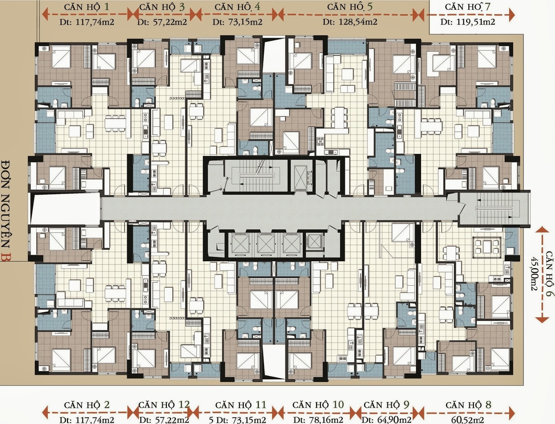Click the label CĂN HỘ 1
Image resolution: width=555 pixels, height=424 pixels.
[x=87, y=7]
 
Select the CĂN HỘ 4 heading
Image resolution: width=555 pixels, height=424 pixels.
[x=237, y=7]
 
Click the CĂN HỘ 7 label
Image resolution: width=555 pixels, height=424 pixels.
[x=468, y=7]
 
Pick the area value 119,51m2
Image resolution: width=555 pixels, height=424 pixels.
[x=475, y=22]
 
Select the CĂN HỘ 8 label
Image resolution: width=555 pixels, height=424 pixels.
[x=468, y=405]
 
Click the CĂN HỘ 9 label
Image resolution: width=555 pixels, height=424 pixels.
[x=386, y=405]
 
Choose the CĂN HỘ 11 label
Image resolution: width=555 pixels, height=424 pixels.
[x=240, y=405]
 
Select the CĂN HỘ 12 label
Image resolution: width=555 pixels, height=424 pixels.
[x=164, y=405]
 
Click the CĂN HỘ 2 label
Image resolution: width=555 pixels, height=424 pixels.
[x=87, y=405]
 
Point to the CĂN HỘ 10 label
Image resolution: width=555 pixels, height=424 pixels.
[x=318, y=405]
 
